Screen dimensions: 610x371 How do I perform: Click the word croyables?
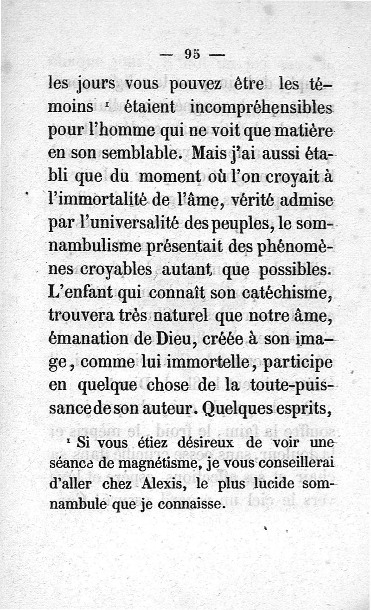(116, 270)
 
